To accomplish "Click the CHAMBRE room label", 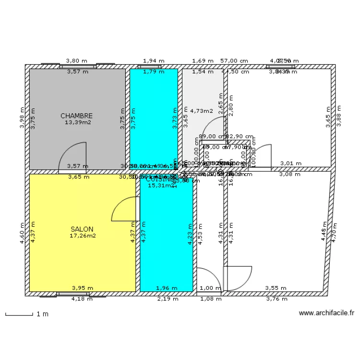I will click(76, 116).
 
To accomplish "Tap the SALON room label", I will click(82, 229).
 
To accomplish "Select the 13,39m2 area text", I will click(78, 122).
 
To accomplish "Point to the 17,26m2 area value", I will click(83, 236).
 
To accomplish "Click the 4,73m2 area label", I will click(202, 111).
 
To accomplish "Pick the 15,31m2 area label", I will click(160, 185).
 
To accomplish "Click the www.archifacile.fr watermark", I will click(326, 313).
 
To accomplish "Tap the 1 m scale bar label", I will click(43, 314).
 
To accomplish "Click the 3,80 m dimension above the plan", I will click(77, 61).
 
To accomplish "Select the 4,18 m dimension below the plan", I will click(82, 299).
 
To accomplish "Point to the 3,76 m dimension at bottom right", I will click(277, 299).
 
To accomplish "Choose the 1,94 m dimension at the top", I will click(154, 61).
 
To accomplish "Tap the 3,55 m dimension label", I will click(276, 288).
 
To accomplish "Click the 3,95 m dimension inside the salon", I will click(83, 288).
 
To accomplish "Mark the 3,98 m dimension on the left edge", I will click(22, 118).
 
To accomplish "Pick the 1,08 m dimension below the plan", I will click(211, 299).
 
